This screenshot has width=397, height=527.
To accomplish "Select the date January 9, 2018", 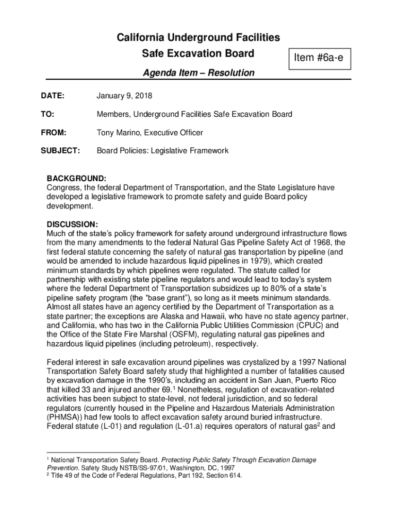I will (124, 96).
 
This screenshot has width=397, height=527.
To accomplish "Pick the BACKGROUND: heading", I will (76, 179).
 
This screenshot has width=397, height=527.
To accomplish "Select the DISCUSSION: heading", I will (72, 224).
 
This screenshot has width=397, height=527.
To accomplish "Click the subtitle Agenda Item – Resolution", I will (198, 73).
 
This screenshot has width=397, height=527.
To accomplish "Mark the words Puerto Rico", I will (324, 380).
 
